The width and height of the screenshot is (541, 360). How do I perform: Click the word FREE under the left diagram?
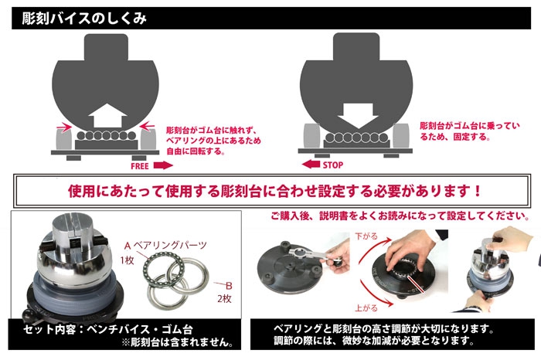point(140,166)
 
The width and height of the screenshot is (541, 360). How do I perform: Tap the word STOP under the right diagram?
point(333,165)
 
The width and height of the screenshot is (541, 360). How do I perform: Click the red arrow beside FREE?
point(163,165)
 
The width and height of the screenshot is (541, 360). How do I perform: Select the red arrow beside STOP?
point(311,164)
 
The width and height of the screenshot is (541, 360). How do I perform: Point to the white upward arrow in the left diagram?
point(107,116)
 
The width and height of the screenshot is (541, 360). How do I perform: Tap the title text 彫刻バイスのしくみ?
point(84,19)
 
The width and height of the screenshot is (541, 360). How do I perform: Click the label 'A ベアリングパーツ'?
point(165,246)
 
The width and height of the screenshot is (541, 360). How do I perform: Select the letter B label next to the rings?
point(229,286)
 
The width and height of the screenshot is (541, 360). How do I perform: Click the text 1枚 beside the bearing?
point(127,260)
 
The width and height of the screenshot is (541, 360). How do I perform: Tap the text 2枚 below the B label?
point(224,299)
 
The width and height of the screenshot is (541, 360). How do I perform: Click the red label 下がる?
point(366,236)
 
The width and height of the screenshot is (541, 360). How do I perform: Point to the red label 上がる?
point(366,308)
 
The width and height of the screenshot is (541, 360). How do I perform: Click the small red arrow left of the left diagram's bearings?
point(64,128)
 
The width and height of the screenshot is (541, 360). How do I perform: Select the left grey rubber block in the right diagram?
point(311,136)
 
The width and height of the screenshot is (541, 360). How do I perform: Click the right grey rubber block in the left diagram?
point(148,138)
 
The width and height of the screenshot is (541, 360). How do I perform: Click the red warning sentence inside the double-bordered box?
point(274,191)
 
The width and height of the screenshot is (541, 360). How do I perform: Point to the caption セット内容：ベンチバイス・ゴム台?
point(107,330)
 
